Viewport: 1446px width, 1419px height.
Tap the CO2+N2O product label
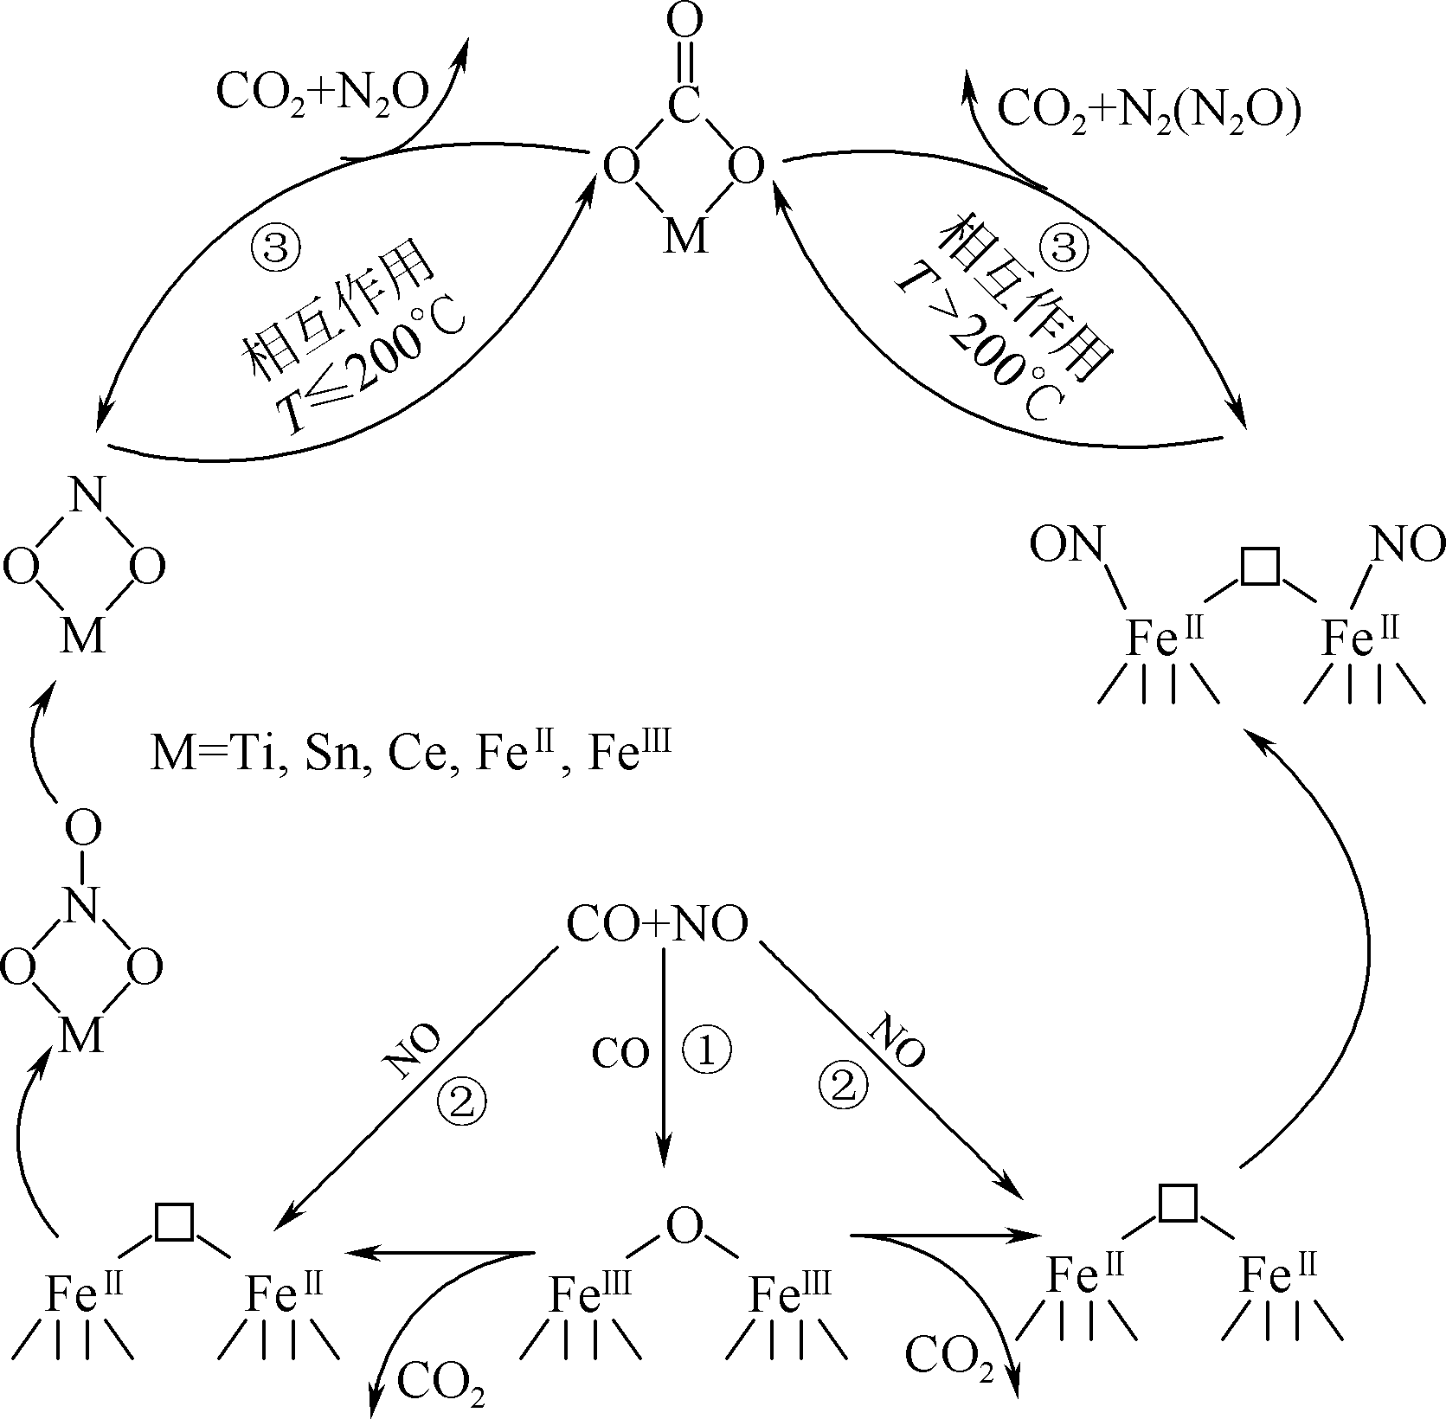coord(323,92)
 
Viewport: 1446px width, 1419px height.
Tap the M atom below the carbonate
coord(684,234)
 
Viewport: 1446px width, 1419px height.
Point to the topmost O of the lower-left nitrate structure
coord(83,829)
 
